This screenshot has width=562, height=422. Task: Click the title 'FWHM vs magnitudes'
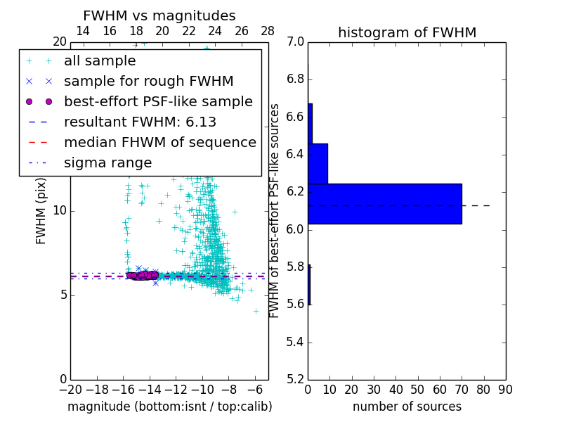(159, 16)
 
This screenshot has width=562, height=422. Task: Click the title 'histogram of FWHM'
(407, 32)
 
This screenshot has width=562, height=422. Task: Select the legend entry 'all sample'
(100, 61)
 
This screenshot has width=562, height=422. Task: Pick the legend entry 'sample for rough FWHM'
(148, 82)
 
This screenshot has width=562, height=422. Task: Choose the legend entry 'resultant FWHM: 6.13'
(140, 122)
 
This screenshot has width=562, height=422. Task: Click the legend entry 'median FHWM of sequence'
(159, 143)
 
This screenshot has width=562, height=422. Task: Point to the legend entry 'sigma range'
(107, 163)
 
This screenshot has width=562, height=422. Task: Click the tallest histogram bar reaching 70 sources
(385, 203)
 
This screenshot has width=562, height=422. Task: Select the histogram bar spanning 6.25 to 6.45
(318, 163)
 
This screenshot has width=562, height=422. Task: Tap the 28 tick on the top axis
(268, 31)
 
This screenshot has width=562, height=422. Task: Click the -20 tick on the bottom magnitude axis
(70, 390)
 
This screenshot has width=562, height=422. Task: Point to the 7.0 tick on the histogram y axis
(296, 42)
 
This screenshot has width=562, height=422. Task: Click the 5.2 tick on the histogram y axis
(296, 379)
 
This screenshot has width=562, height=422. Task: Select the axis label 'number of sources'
(407, 407)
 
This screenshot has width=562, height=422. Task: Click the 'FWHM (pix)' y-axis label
(41, 210)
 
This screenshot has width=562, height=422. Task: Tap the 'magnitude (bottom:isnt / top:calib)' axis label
(169, 407)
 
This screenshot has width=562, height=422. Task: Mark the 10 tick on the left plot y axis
(60, 211)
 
